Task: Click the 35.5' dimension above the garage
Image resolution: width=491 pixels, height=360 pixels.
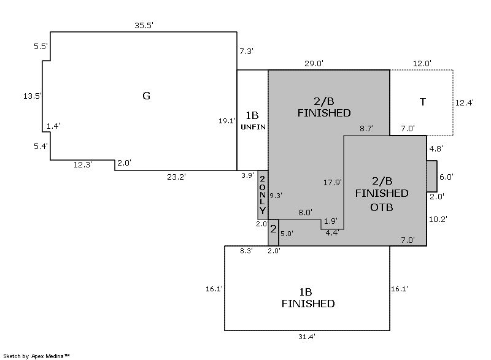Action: (x=144, y=26)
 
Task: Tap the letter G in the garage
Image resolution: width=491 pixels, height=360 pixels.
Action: (x=146, y=96)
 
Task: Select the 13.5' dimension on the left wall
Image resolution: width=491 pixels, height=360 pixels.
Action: (x=32, y=96)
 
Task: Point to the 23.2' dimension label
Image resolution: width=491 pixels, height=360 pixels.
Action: (x=176, y=177)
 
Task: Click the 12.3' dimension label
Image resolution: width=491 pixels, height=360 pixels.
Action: (x=82, y=164)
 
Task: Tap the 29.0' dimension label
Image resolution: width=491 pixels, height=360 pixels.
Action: (x=314, y=63)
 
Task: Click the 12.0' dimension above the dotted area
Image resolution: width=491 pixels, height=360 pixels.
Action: (x=422, y=63)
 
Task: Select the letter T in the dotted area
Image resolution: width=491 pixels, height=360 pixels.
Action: (x=422, y=102)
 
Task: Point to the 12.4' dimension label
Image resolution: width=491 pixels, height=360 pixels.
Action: (x=463, y=103)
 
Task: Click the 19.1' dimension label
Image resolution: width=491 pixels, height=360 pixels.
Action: (x=228, y=121)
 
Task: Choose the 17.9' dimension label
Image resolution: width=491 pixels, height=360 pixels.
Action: (x=332, y=182)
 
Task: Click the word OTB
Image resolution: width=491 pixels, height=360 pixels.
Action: (x=382, y=207)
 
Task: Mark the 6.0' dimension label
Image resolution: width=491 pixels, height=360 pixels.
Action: (x=446, y=177)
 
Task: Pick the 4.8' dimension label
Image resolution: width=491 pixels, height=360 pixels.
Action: (x=436, y=149)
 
